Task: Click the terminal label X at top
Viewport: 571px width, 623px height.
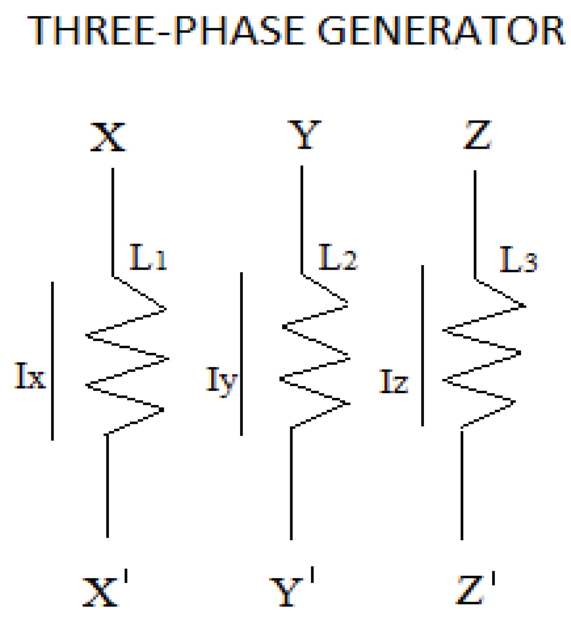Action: tap(109, 137)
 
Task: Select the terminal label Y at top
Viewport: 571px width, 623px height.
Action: tap(304, 135)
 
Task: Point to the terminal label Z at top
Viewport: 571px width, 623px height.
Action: tap(478, 135)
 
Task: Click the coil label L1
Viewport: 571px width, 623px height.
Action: tap(148, 257)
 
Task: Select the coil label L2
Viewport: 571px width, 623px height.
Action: tap(337, 257)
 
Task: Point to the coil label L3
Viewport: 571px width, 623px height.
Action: tap(518, 260)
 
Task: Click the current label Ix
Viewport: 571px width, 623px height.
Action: tap(30, 376)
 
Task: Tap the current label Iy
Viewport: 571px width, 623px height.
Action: tap(221, 380)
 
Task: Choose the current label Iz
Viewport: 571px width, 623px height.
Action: tap(394, 382)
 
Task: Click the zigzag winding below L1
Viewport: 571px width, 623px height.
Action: tap(127, 359)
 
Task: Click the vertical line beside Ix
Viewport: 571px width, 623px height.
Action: tap(52, 360)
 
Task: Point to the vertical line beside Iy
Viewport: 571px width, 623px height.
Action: tap(242, 353)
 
